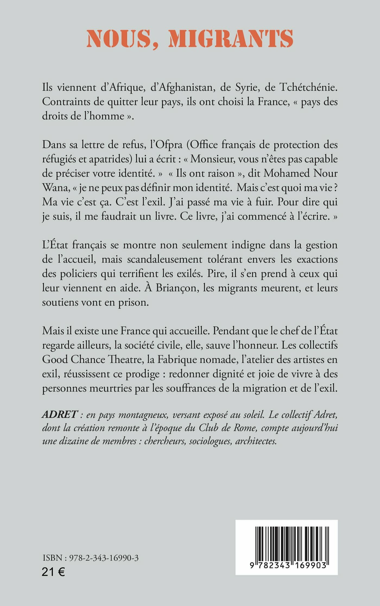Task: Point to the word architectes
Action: click(x=256, y=441)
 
